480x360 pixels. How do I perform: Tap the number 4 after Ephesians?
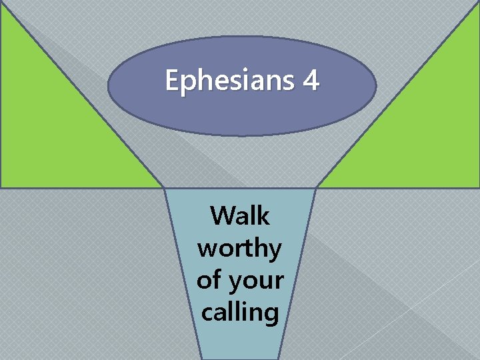pyautogui.click(x=310, y=81)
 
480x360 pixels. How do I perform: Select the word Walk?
pyautogui.click(x=239, y=216)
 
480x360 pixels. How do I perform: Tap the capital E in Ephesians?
pyautogui.click(x=172, y=81)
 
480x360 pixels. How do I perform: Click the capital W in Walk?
pyautogui.click(x=223, y=216)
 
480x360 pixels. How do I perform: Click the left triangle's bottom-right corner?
pyautogui.click(x=163, y=187)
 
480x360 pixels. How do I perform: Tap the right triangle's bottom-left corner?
pyautogui.click(x=317, y=187)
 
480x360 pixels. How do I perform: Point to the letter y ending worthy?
pyautogui.click(x=275, y=251)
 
